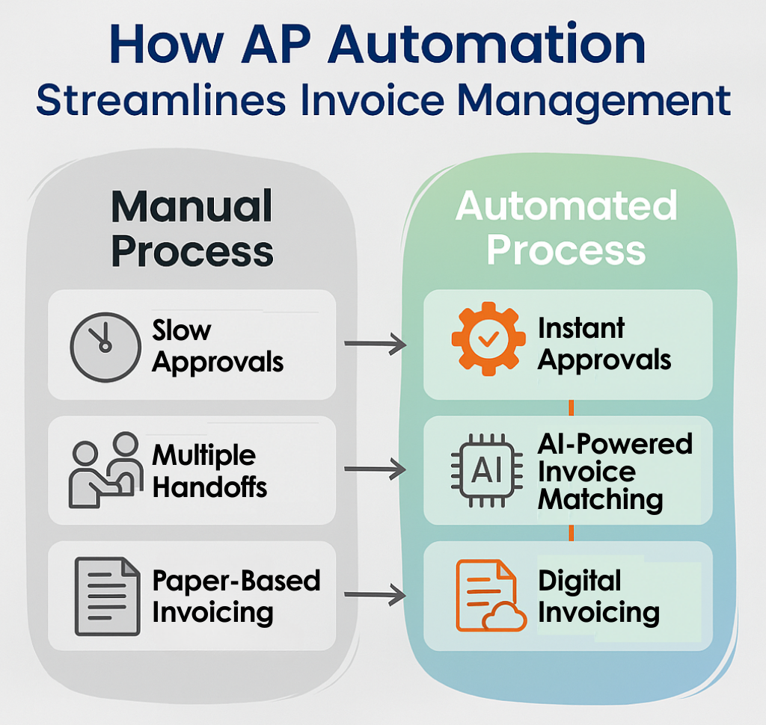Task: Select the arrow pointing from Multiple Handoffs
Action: [x=374, y=470]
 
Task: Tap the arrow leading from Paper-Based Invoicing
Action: [x=374, y=596]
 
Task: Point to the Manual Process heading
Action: [x=191, y=228]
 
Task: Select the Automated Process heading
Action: [x=566, y=228]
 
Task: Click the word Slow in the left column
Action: [x=182, y=330]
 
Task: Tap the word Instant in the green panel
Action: [x=581, y=328]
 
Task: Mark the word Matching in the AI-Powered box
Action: [x=600, y=499]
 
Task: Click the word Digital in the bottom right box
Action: [x=579, y=581]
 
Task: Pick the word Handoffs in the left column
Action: [x=209, y=487]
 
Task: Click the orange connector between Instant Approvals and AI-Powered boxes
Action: [x=571, y=408]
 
